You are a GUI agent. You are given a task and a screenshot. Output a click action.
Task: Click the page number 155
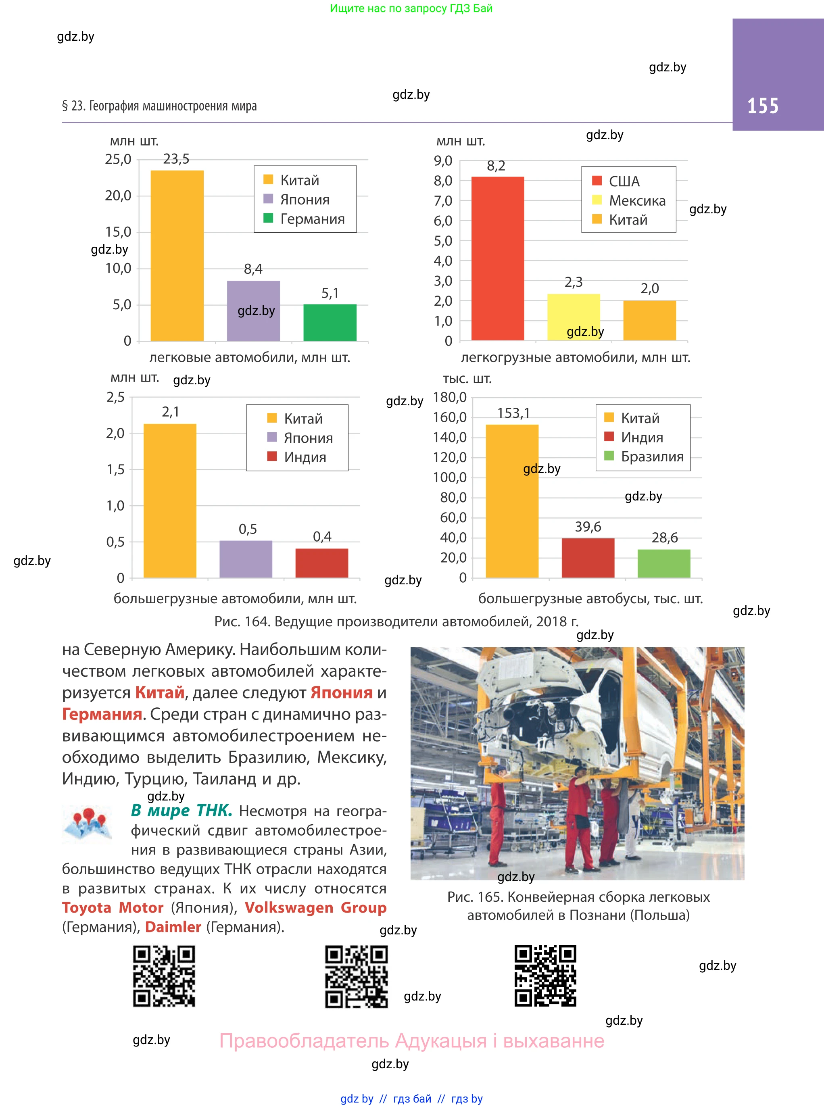pos(763,106)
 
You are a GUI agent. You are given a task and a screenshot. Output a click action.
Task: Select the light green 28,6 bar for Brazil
pos(663,563)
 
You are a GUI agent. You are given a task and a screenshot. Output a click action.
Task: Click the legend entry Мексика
pos(637,200)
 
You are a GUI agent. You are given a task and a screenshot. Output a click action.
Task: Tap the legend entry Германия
pos(312,219)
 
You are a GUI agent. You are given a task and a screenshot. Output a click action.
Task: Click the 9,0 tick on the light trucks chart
pos(443,161)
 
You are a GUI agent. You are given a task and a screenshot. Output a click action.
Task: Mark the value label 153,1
pos(513,413)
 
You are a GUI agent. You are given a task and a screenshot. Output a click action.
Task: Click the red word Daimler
pos(173,927)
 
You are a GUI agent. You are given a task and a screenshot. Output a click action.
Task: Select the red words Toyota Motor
pos(113,907)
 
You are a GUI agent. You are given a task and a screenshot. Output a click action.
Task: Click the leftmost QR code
pos(164,976)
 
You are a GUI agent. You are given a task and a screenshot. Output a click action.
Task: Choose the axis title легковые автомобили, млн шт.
pos(249,358)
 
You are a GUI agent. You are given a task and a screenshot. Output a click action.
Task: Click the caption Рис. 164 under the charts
pos(396,621)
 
